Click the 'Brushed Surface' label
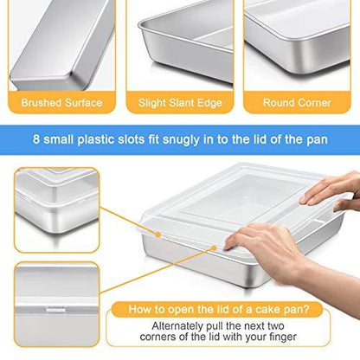point(61,103)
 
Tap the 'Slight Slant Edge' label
point(180,103)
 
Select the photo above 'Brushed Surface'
point(61,43)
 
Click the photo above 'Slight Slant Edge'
point(180,43)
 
